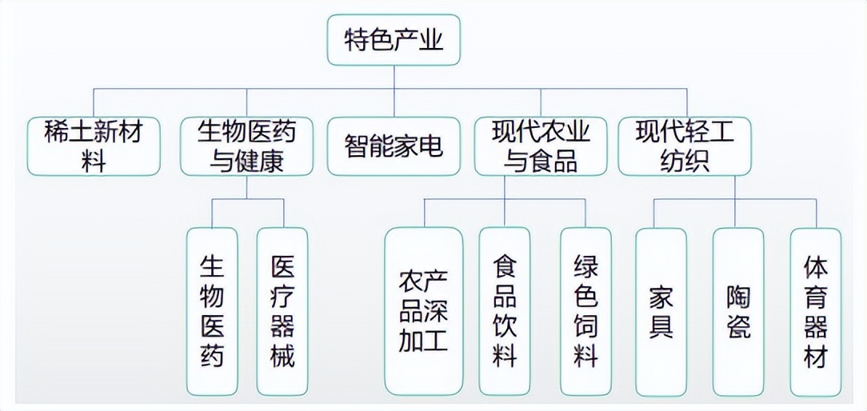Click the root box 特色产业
(394, 40)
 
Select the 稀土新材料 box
(94, 146)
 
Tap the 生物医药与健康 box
(246, 146)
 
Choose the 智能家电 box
(394, 146)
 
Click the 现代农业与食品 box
(541, 146)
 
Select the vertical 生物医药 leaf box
(212, 311)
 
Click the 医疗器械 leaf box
(282, 311)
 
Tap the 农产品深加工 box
(424, 311)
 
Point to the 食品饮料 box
(505, 311)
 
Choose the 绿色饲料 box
(585, 311)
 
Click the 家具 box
(661, 311)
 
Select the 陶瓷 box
(738, 311)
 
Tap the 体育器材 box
(815, 311)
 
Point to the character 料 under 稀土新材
(94, 162)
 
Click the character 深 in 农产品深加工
(436, 311)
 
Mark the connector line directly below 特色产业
(394, 77)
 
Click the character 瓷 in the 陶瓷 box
(738, 327)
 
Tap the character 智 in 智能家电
(357, 146)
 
